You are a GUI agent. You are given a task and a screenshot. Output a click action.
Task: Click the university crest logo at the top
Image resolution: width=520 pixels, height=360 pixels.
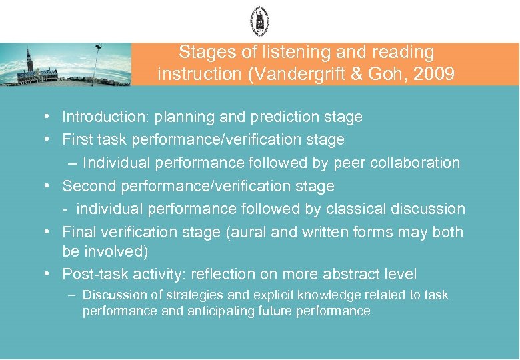[259, 21]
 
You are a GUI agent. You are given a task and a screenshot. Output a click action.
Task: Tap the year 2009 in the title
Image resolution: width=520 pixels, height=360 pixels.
[435, 73]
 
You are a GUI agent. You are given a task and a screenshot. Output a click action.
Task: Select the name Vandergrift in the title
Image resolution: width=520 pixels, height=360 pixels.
[291, 73]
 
